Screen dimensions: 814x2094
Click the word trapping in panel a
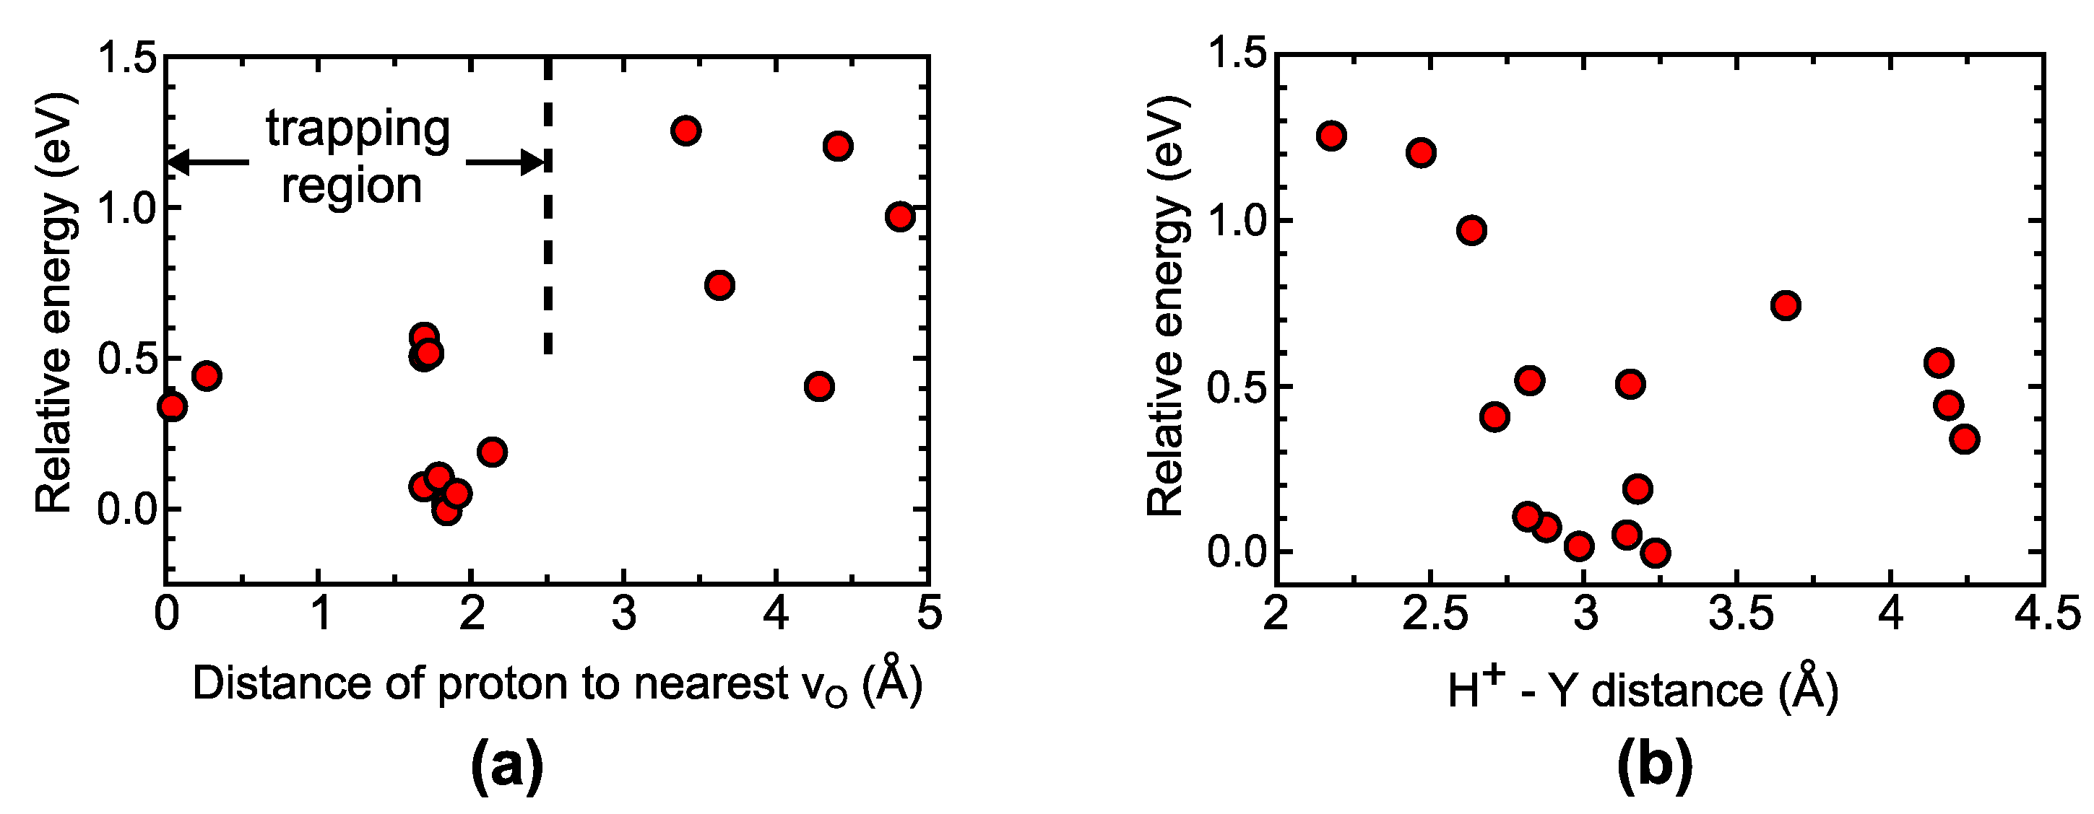[x=358, y=130]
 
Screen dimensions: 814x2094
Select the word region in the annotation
[x=351, y=186]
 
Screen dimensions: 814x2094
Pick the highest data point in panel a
[x=686, y=131]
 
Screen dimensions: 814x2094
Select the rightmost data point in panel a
[x=900, y=217]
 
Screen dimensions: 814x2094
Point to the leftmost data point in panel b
[x=1331, y=136]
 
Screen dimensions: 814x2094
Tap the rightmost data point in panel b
[x=1965, y=439]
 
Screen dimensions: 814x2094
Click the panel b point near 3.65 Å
[x=1785, y=305]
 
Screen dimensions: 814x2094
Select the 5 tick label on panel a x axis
[x=929, y=613]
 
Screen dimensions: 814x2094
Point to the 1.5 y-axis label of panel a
[x=126, y=58]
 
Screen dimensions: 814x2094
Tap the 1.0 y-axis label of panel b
[x=1237, y=222]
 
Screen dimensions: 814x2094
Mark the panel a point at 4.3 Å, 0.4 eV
[x=819, y=387]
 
